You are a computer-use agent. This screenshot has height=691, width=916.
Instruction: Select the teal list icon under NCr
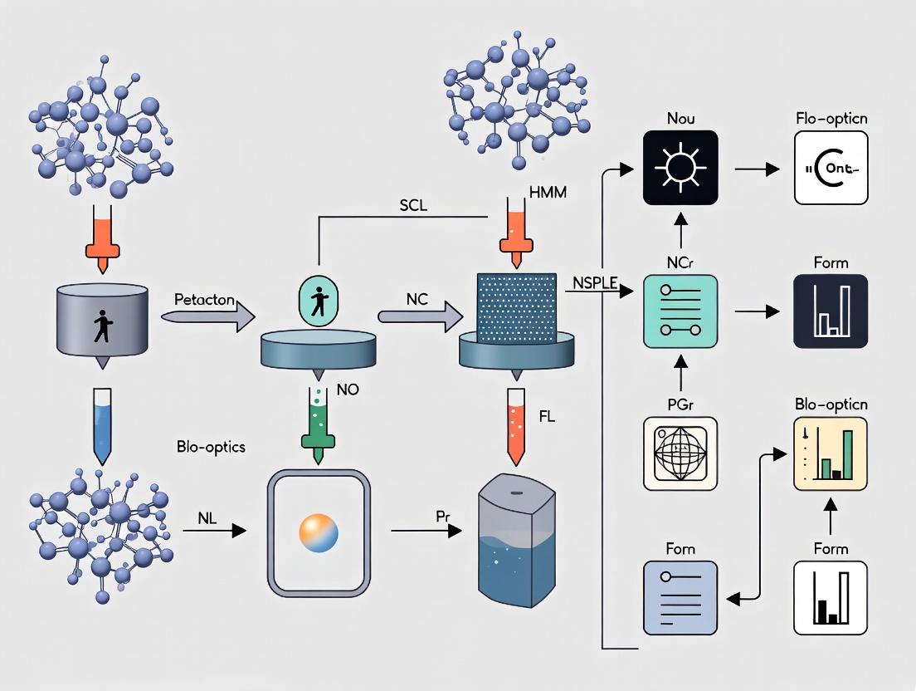[x=680, y=311]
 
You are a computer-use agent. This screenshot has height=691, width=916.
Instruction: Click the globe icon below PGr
[x=680, y=453]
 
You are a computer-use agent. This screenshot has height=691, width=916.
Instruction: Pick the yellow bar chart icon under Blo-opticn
[x=831, y=453]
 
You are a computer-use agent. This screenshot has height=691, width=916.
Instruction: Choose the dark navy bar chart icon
[x=831, y=311]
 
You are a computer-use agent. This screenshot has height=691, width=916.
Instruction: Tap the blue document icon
[x=680, y=597]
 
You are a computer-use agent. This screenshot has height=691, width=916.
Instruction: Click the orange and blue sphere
[x=318, y=532]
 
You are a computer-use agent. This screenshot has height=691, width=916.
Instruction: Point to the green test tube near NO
[x=319, y=414]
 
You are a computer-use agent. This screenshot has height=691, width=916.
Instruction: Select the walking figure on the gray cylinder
[x=102, y=326]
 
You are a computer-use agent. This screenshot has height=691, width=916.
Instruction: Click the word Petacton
[x=204, y=297]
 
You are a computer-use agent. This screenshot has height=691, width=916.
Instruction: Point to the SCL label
[x=412, y=205]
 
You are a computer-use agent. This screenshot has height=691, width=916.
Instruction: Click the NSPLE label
[x=596, y=282]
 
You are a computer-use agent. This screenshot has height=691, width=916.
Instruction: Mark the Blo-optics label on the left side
[x=211, y=446]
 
